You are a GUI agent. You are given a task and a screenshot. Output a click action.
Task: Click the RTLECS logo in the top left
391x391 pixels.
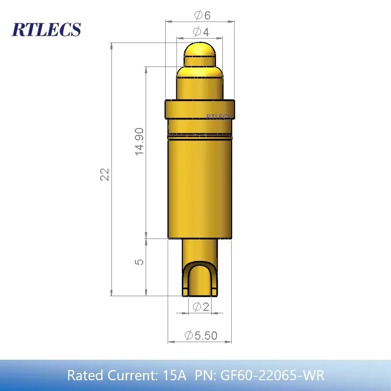46,29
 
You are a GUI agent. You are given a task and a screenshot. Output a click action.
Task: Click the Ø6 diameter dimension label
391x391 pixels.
202,15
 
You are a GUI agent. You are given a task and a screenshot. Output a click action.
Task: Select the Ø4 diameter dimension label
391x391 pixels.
201,32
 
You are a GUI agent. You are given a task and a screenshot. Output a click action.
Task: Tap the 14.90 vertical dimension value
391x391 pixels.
140,142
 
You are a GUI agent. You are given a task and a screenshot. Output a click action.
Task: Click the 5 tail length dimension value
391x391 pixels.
140,261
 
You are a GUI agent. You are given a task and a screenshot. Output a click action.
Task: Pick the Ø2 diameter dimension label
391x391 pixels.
201,307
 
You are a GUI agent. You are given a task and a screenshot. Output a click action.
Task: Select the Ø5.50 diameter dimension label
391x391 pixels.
201,335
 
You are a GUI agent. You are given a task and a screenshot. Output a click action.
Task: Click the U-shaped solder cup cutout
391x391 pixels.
199,279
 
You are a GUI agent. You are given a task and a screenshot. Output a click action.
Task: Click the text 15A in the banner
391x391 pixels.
174,375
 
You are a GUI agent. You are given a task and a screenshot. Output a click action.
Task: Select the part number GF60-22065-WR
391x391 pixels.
272,375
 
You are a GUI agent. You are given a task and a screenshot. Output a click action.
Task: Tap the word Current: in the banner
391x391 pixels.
130,375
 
